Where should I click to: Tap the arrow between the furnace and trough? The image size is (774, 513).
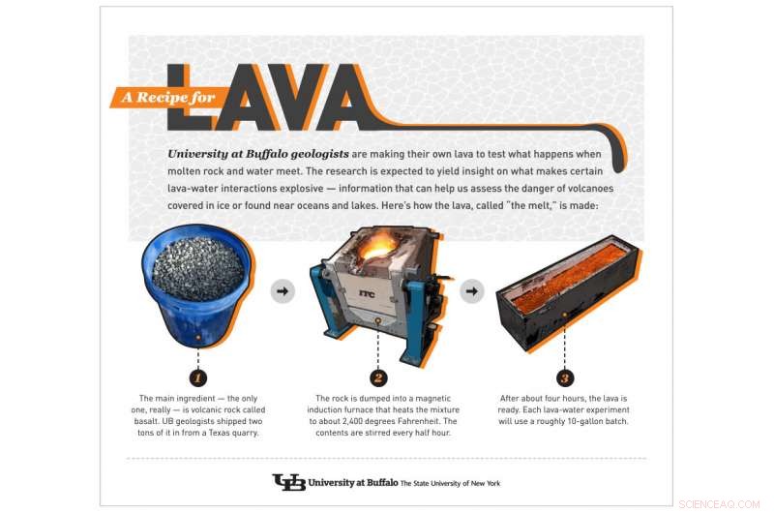click(471, 289)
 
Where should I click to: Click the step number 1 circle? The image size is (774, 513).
click(197, 377)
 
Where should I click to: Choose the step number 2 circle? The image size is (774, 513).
click(378, 377)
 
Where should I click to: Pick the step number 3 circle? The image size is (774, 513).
click(565, 377)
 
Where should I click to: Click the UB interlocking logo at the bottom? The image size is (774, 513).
click(288, 481)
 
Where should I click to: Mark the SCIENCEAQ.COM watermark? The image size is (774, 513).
click(722, 504)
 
